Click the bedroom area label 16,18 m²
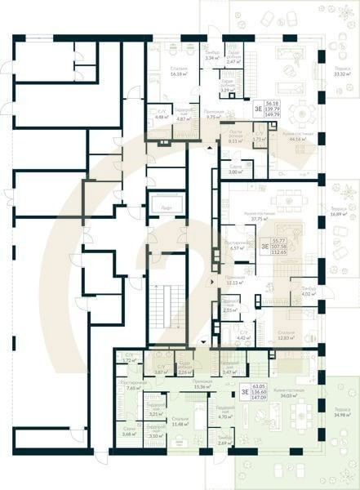tap(180, 71)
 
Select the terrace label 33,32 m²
tap(341, 71)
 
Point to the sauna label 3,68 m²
tap(129, 431)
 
